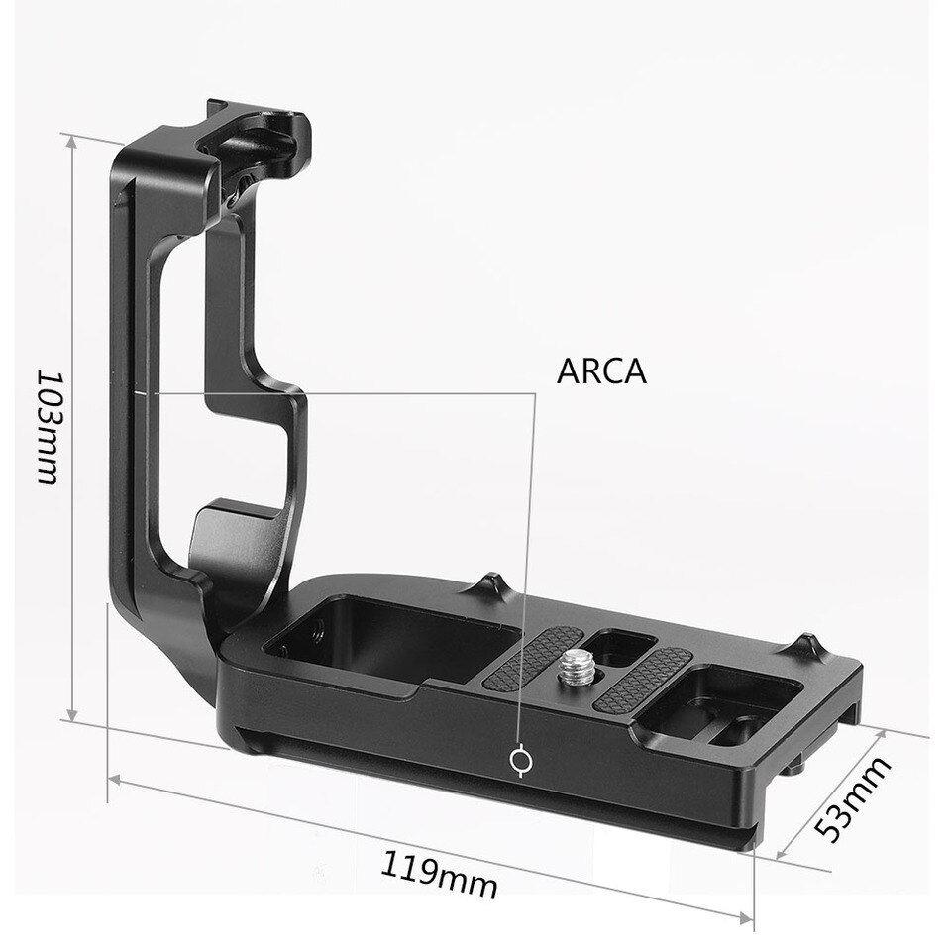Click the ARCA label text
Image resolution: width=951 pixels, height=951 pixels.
(x=600, y=371)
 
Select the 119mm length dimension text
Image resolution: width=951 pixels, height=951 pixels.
(x=438, y=872)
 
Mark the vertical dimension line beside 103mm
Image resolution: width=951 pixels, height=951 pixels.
(x=72, y=427)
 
